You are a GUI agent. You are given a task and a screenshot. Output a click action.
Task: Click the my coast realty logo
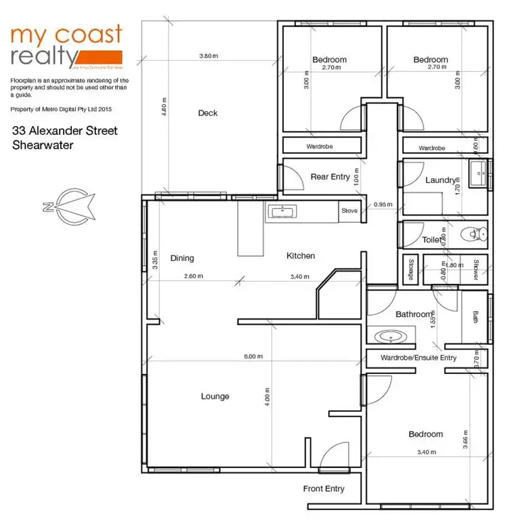coord(66,46)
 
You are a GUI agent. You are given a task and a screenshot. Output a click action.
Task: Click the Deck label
coord(208,113)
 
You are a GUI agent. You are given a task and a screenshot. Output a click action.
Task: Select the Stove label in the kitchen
coord(349,211)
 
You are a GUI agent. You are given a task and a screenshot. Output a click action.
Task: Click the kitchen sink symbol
coord(281,212)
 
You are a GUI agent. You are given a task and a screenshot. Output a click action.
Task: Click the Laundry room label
coord(440,180)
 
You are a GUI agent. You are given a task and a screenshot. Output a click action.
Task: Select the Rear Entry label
coord(330,177)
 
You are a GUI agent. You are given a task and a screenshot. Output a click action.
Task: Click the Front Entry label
coord(324,488)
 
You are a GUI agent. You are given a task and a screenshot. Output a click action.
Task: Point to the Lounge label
coord(215,396)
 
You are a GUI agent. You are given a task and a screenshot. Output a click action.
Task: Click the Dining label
coord(182,258)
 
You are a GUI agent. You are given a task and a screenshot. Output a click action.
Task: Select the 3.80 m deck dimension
coord(209,56)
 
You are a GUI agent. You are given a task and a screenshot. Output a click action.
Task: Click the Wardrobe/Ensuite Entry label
coord(419,358)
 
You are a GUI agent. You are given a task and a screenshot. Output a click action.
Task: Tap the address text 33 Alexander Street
coord(65,131)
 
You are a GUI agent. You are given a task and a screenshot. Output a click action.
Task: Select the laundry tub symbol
coord(478,173)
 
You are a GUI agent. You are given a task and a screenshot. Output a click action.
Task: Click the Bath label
coord(475,316)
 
